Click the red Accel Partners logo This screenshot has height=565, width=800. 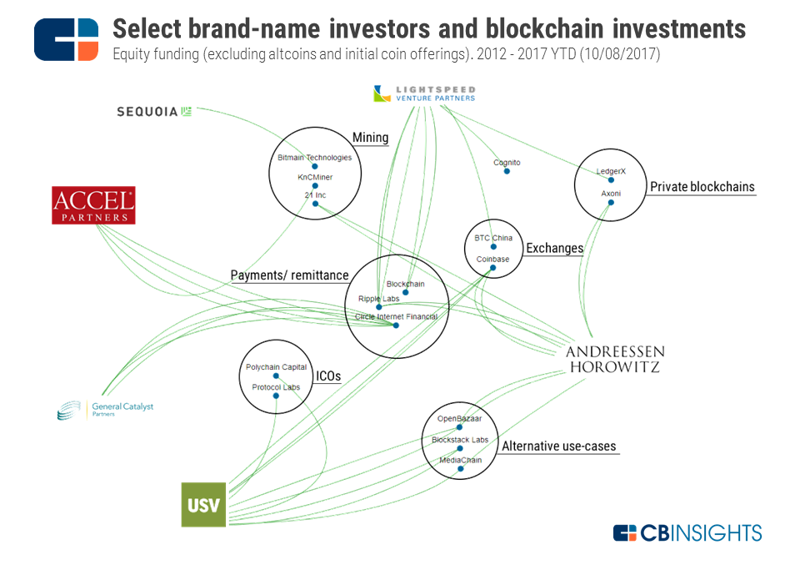pyautogui.click(x=93, y=205)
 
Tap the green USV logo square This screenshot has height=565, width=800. pyautogui.click(x=203, y=504)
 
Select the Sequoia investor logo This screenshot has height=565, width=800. pyautogui.click(x=155, y=111)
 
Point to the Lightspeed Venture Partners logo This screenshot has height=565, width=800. pyautogui.click(x=425, y=93)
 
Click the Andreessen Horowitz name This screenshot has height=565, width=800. pyautogui.click(x=615, y=358)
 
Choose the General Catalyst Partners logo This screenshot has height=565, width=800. pyautogui.click(x=105, y=410)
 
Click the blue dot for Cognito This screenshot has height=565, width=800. pyautogui.click(x=507, y=171)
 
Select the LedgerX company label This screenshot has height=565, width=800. pyautogui.click(x=610, y=171)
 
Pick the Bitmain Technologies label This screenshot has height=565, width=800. pyautogui.click(x=314, y=157)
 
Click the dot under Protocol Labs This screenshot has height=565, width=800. pyautogui.click(x=276, y=396)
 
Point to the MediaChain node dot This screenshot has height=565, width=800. pyautogui.click(x=460, y=469)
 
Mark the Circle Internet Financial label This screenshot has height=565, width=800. pyautogui.click(x=395, y=316)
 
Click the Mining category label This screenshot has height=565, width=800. pyautogui.click(x=370, y=138)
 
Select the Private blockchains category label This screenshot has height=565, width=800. pyautogui.click(x=702, y=187)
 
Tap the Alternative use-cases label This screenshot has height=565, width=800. pyautogui.click(x=558, y=446)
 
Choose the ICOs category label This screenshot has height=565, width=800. pyautogui.click(x=327, y=376)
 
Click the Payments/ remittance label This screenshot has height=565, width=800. pyautogui.click(x=289, y=275)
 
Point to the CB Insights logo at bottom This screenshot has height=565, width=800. pyautogui.click(x=687, y=532)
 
